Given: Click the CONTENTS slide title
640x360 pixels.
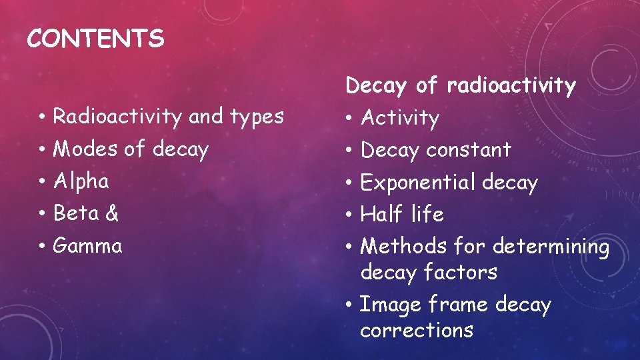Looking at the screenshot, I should tap(95, 39).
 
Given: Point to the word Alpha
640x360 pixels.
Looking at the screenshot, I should tap(81, 181).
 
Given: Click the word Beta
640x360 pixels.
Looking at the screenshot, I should tap(75, 213).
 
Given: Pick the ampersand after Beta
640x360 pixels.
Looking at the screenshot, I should tap(112, 213).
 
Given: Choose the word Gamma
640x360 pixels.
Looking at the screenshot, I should tap(87, 246).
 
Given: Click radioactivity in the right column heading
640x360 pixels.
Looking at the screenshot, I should tap(511, 86).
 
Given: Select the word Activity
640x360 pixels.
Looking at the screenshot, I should tap(400, 119).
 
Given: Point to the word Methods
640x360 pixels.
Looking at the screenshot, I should tap(403, 247).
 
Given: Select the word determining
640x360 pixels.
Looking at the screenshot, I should tap(551, 247).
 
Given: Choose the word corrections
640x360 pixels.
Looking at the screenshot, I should tap(417, 331).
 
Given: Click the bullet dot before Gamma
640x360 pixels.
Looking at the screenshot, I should tap(41, 247).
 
